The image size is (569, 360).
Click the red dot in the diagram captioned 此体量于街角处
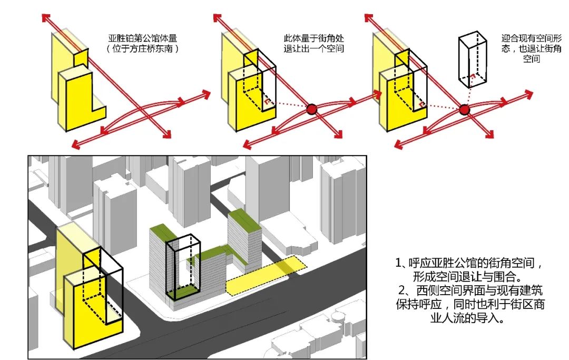pos(311,110)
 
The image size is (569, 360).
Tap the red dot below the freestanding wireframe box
pos(464,110)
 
